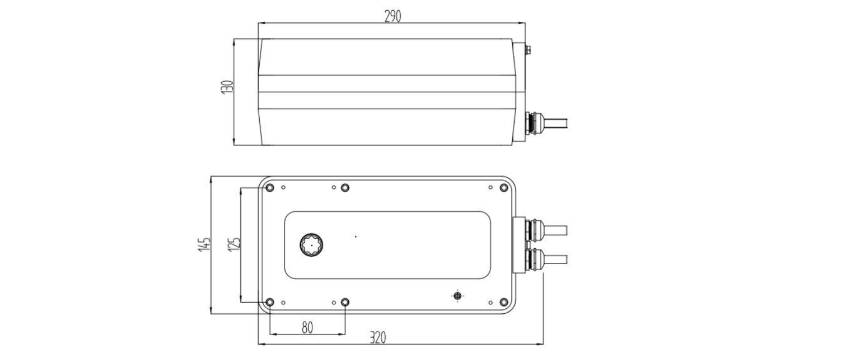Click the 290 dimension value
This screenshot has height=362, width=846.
pos(392,16)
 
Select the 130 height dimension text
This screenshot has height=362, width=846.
pos(227,87)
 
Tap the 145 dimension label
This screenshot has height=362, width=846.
pos(204,244)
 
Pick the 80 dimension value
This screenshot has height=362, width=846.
pos(307,328)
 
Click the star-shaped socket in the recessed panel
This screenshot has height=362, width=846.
pos(309,245)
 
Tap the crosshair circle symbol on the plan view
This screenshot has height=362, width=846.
pos(457,295)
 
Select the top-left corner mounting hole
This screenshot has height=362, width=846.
pos(269,188)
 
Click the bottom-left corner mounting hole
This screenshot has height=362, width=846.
pos(269,303)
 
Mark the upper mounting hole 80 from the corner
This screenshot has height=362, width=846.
pos(345,188)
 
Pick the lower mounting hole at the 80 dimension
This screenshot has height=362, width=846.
pos(345,303)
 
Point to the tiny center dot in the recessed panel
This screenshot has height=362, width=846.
pos(356,236)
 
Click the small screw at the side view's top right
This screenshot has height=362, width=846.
pos(527,50)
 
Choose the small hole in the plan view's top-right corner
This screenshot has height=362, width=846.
pos(490,187)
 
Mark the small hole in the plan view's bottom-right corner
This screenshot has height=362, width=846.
pos(490,303)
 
